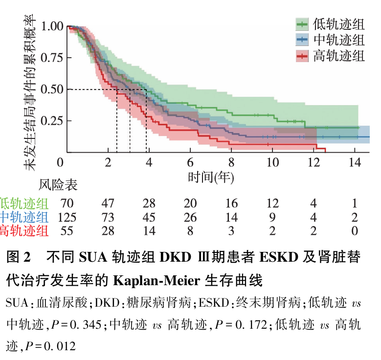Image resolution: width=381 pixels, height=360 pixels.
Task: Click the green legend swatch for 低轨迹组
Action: (302, 24)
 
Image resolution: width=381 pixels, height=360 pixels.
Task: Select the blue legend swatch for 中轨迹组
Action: (302, 40)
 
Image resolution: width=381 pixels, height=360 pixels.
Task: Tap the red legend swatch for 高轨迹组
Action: (302, 56)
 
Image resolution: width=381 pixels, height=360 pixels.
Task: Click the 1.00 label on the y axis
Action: (52, 26)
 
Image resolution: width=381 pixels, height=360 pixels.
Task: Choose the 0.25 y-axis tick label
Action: (52, 120)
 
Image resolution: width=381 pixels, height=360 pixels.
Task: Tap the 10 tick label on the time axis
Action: (272, 162)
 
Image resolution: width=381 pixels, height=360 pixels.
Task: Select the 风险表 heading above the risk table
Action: (58, 185)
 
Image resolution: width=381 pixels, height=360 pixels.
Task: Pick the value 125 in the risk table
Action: (67, 217)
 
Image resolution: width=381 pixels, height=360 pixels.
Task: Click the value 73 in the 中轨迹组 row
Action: (108, 217)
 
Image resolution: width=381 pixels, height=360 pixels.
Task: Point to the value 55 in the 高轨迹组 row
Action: (67, 231)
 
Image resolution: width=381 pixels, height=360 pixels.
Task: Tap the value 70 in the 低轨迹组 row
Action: (67, 203)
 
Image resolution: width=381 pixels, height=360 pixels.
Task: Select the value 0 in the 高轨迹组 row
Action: (355, 231)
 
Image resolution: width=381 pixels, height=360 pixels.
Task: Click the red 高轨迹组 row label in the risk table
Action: (24, 231)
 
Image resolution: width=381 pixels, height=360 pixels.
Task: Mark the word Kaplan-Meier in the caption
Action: (156, 281)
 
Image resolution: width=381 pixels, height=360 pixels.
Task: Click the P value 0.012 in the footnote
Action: (61, 346)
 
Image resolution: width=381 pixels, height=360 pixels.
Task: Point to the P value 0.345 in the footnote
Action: (85, 324)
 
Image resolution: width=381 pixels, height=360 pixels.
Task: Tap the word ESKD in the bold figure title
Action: (279, 257)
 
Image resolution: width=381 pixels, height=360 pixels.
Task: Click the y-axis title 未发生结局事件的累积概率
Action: (30, 92)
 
